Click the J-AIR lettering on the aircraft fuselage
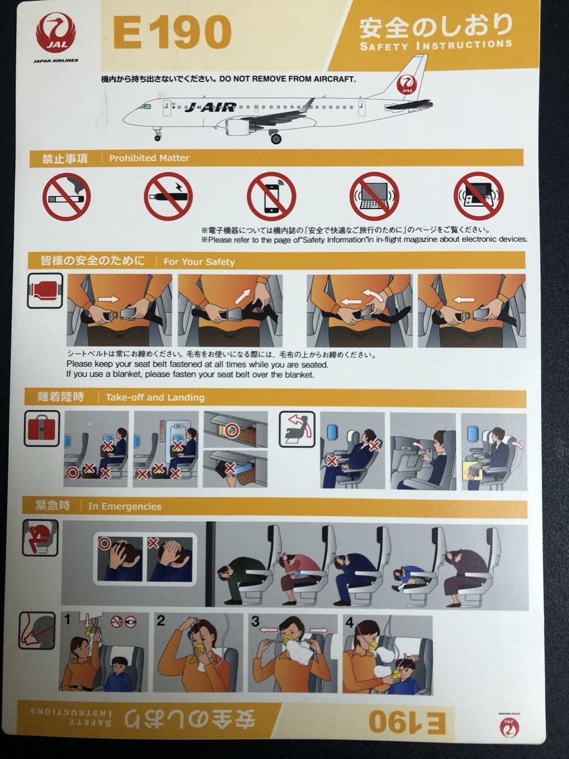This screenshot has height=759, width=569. coord(211,108)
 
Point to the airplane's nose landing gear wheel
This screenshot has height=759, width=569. coord(157,138)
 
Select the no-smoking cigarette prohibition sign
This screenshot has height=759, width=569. coord(66,197)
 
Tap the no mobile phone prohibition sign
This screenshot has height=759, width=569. coord(272,197)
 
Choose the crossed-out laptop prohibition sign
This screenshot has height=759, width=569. coord(374,197)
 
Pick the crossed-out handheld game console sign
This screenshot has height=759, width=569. coord(479,196)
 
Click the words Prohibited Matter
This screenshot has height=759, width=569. coord(149,158)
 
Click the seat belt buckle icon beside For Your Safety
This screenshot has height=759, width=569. coord(45,290)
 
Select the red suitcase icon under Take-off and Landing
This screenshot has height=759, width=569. coord(42,428)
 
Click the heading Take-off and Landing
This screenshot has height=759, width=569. coord(155,397)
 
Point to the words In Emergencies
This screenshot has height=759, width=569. coord(125,507)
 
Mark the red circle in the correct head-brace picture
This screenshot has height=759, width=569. coord(104,543)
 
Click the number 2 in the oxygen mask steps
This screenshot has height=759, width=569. coord(161,620)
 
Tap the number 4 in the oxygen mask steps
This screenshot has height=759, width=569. coord(350,623)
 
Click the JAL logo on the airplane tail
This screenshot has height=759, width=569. coord(408,85)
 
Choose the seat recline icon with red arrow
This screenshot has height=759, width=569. coord(297,429)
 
